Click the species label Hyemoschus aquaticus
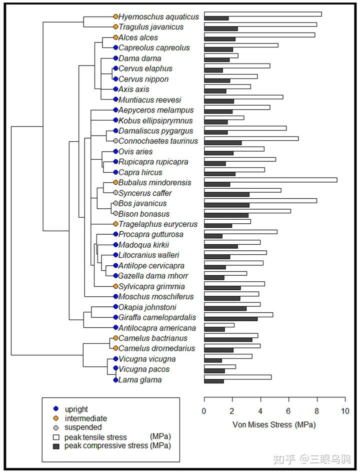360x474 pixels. [x=158, y=17]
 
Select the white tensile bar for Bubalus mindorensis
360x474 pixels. [x=270, y=180]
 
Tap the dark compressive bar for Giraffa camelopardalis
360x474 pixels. [x=230, y=318]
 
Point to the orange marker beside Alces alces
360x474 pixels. [x=115, y=38]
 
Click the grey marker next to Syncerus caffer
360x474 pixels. [x=115, y=193]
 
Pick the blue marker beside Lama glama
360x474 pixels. [x=115, y=380]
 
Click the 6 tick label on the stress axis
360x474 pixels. [x=288, y=411]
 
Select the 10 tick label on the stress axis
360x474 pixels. [x=344, y=411]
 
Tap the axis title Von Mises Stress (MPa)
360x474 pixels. [x=274, y=424]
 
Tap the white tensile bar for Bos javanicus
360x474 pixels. [x=260, y=201]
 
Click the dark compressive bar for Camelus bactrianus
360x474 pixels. [x=228, y=339]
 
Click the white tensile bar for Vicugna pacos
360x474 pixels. [x=219, y=367]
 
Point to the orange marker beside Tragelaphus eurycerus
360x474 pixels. [x=115, y=224]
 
